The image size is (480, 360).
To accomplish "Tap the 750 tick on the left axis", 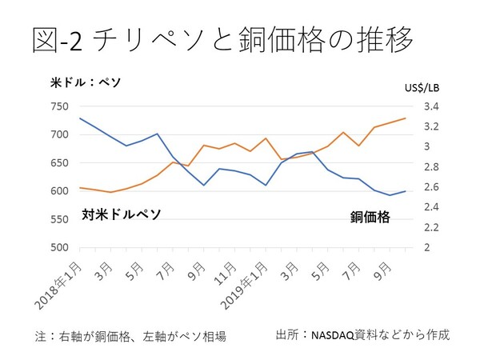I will coord(59,106).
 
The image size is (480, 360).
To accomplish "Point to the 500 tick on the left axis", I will coord(59,247).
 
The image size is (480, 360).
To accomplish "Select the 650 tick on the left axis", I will coord(59,162).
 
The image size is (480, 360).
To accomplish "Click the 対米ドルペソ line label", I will coord(121,214).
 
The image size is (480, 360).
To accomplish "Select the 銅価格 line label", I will coord(370,216).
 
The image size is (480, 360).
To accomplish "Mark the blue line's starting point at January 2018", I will coord(80,118).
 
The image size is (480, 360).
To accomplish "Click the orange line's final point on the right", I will coord(405,118).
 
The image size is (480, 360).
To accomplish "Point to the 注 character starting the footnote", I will coord(40,335).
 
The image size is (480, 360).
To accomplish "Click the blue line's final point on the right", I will coord(405,191).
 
